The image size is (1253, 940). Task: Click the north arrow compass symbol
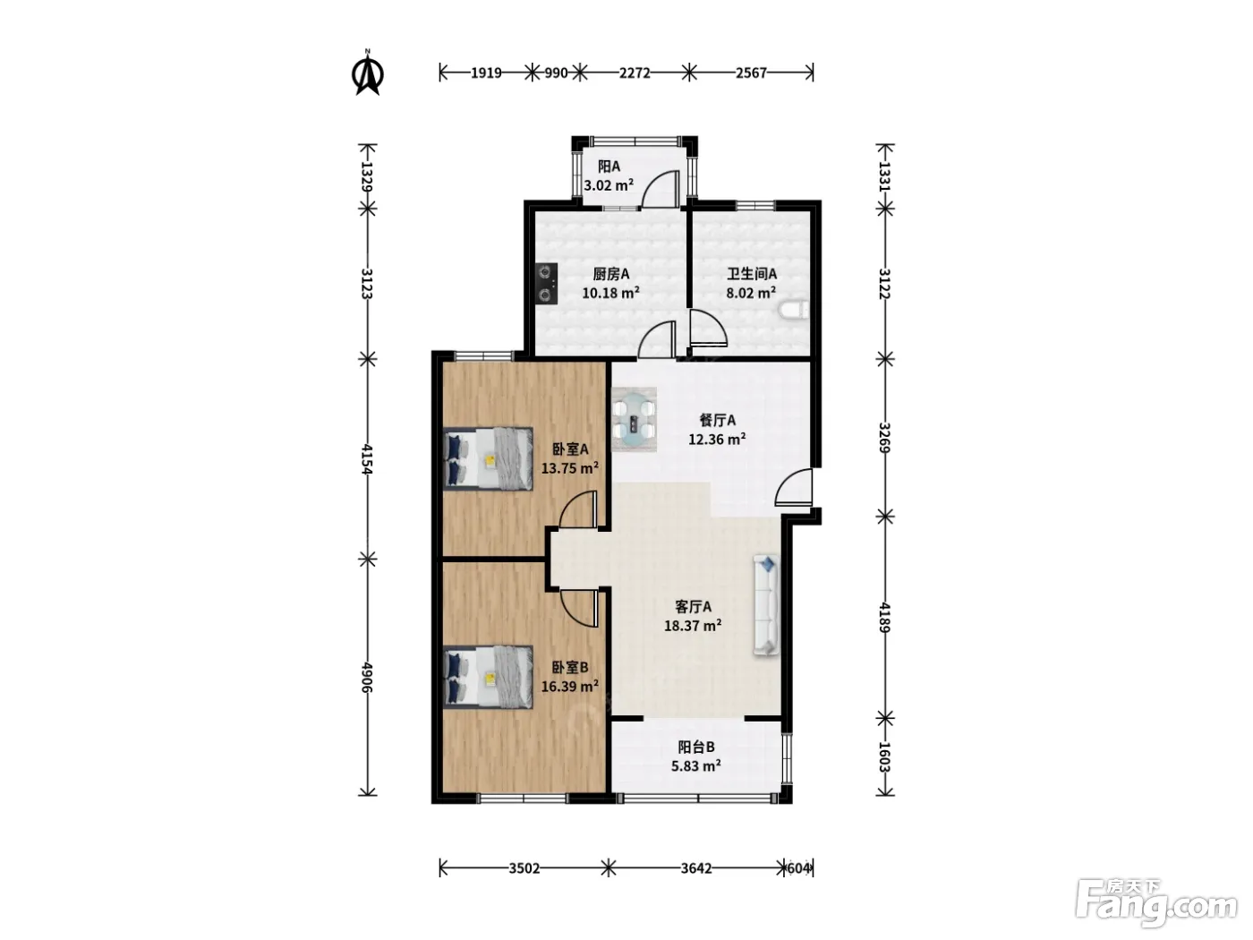tap(368, 73)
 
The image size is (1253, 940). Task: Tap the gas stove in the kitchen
tap(148, 283)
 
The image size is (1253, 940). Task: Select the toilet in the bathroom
tap(795, 311)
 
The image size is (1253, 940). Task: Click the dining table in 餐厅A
tap(634, 420)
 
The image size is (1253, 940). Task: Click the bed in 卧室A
tap(488, 459)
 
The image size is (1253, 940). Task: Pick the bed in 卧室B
tap(488, 677)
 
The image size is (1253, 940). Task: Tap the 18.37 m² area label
tap(693, 626)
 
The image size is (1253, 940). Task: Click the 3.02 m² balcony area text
tap(609, 185)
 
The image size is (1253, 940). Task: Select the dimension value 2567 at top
tap(751, 73)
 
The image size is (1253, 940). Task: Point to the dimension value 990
tap(556, 73)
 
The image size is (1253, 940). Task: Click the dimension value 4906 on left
tap(366, 678)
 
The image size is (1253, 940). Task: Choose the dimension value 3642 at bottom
tap(696, 868)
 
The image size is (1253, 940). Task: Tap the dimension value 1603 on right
tap(884, 756)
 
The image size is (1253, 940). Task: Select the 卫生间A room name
tap(751, 274)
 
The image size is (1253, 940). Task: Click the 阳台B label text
tap(696, 748)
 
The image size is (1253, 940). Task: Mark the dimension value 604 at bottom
tap(798, 868)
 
